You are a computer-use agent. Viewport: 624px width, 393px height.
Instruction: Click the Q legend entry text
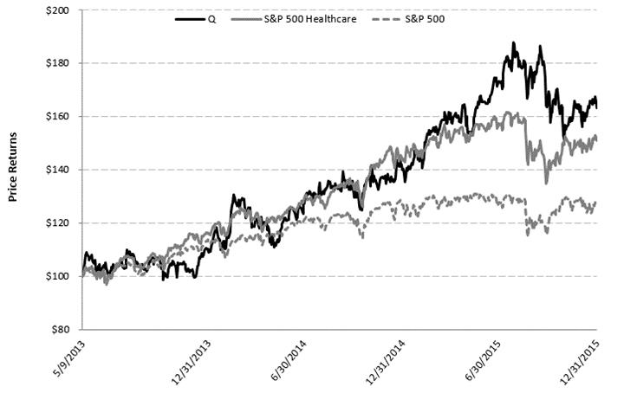click(x=212, y=19)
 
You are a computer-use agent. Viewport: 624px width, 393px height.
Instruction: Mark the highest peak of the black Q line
click(x=513, y=42)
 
